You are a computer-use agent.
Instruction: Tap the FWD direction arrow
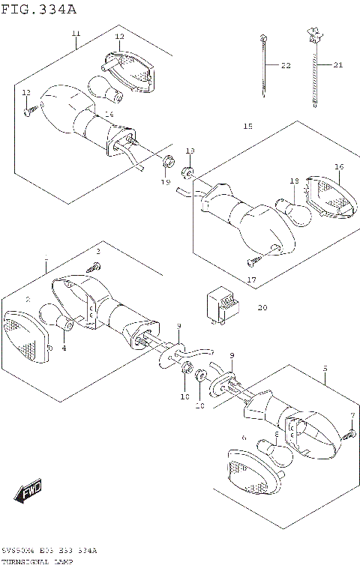(x=28, y=492)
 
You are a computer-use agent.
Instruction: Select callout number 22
(x=285, y=66)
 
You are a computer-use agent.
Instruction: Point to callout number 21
(x=337, y=65)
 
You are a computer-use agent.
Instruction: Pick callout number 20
(x=262, y=307)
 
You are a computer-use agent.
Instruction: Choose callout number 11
(x=76, y=34)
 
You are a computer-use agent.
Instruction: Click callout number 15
(x=247, y=127)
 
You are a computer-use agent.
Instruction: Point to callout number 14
(x=109, y=114)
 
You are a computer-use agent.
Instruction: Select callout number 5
(x=325, y=368)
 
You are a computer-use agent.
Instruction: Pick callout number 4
(x=64, y=348)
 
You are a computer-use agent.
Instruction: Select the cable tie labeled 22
(x=264, y=67)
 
